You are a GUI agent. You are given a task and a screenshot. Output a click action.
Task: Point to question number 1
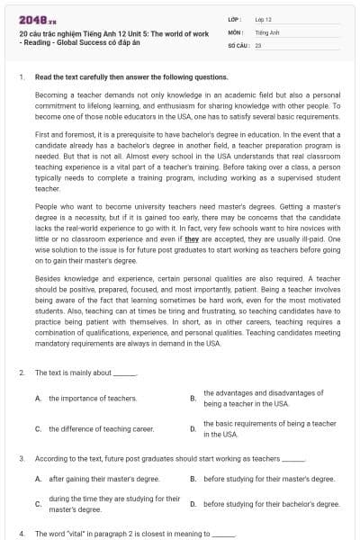pyautogui.click(x=21, y=77)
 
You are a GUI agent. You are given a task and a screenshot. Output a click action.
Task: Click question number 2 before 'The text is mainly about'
pyautogui.click(x=21, y=372)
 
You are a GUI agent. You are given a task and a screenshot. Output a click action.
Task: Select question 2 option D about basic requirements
pyautogui.click(x=269, y=428)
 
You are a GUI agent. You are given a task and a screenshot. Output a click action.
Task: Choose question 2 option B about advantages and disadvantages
pyautogui.click(x=263, y=398)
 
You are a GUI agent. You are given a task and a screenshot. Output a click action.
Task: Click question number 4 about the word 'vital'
pyautogui.click(x=21, y=533)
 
